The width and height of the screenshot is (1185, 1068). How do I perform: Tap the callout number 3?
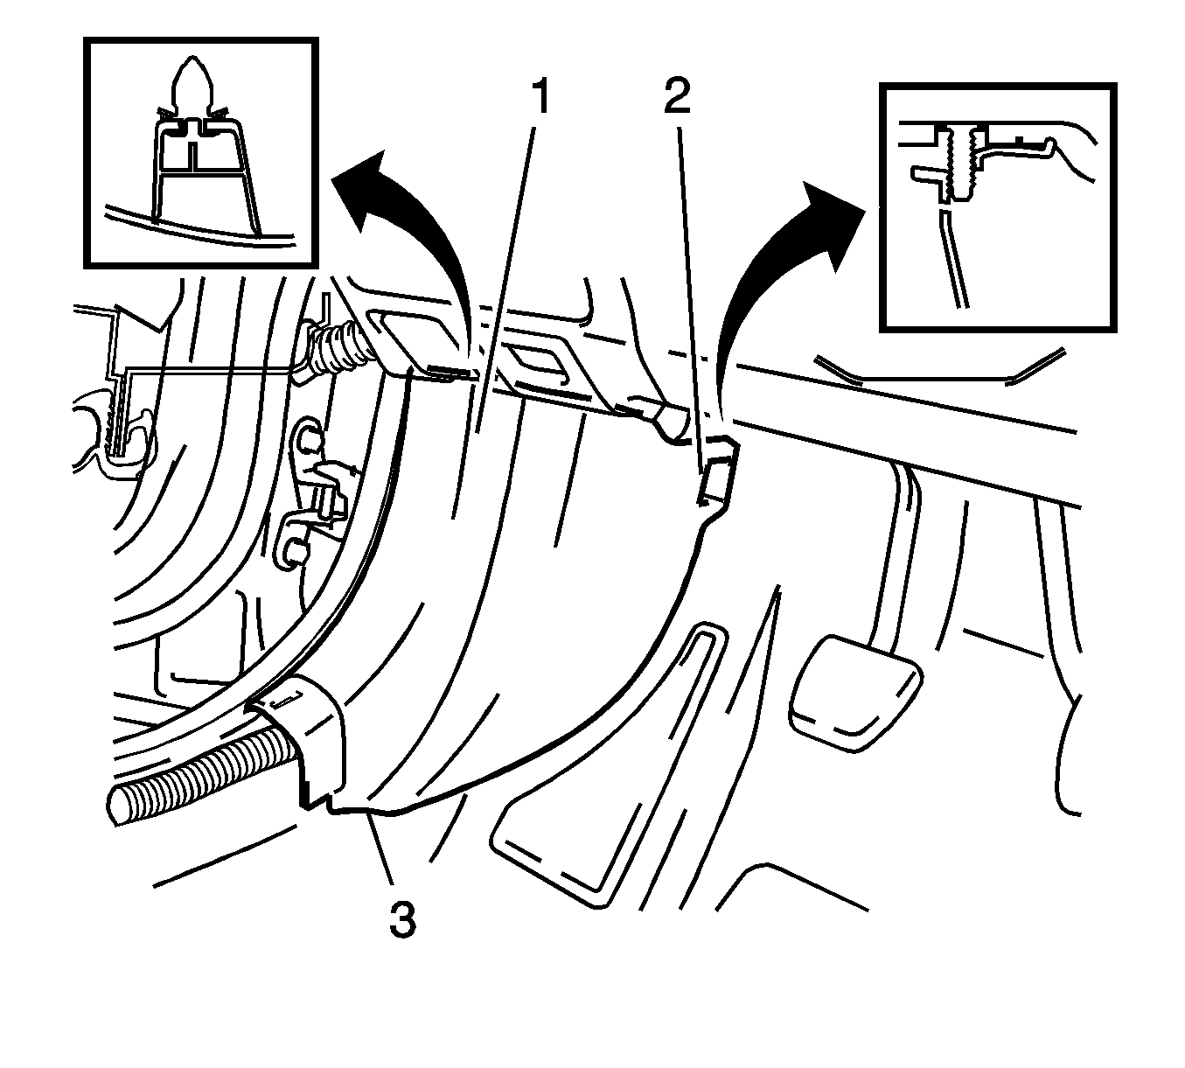(x=402, y=919)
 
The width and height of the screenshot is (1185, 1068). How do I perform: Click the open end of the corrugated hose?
(x=122, y=802)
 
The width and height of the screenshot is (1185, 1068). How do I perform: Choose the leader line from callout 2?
(x=690, y=289)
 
